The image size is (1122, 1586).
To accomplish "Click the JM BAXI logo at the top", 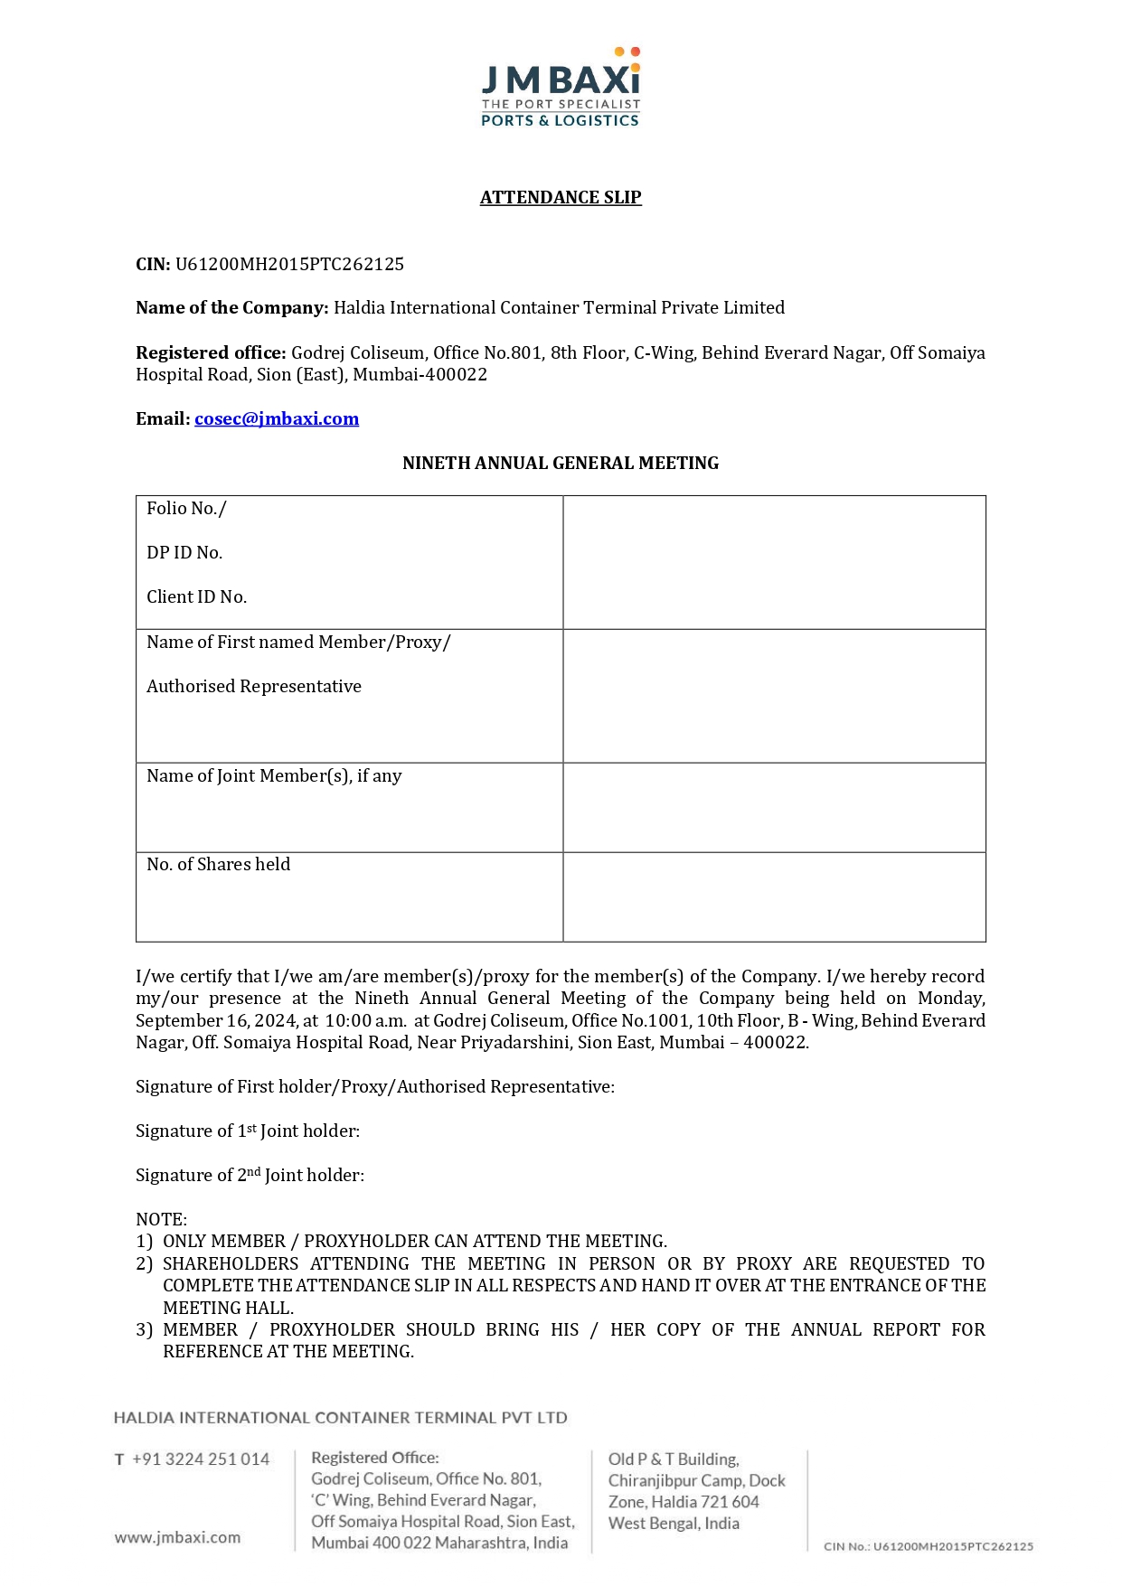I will pyautogui.click(x=561, y=88).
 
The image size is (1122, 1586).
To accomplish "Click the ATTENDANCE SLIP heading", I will pyautogui.click(x=561, y=198).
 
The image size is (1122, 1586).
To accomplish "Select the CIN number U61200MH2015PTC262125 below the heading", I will pyautogui.click(x=289, y=265).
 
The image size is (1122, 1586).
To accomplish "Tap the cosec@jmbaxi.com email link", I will pyautogui.click(x=277, y=419).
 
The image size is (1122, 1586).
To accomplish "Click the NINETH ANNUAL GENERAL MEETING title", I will pyautogui.click(x=561, y=464).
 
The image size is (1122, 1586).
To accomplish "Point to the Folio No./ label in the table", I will pyautogui.click(x=186, y=509).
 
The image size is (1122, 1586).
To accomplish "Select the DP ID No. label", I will pyautogui.click(x=184, y=553).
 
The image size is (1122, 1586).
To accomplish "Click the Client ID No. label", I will pyautogui.click(x=196, y=597).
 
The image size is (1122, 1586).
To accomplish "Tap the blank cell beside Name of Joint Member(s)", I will pyautogui.click(x=774, y=807).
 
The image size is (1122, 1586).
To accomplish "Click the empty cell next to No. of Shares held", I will pyautogui.click(x=774, y=896).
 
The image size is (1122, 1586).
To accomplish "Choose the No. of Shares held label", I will pyautogui.click(x=219, y=865).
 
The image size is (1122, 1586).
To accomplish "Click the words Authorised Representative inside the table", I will pyautogui.click(x=254, y=687).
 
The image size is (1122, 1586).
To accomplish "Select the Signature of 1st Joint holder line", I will pyautogui.click(x=248, y=1131).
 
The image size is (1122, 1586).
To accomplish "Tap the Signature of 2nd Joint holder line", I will pyautogui.click(x=250, y=1176).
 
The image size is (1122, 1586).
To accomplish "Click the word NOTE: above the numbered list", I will pyautogui.click(x=161, y=1220).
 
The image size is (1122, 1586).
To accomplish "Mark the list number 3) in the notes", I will pyautogui.click(x=145, y=1330).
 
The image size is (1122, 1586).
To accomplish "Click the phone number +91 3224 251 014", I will pyautogui.click(x=201, y=1459).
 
